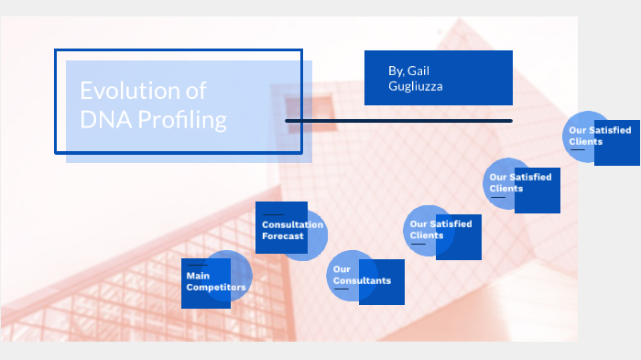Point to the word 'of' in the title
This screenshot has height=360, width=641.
tap(192, 91)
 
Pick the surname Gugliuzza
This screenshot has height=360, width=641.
tap(417, 86)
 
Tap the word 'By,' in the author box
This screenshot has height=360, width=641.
tap(397, 71)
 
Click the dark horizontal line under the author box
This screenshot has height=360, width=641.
tap(398, 121)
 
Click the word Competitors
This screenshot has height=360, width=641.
tap(216, 288)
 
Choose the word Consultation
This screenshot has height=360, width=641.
tap(292, 224)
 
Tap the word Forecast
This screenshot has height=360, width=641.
tap(283, 236)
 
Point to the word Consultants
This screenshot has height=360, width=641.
tap(362, 280)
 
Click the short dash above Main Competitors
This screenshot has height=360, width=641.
tap(196, 265)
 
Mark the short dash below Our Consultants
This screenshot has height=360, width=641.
tap(341, 289)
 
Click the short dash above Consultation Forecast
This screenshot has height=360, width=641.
tap(272, 214)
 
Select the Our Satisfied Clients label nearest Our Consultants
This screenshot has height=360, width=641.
tap(440, 229)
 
